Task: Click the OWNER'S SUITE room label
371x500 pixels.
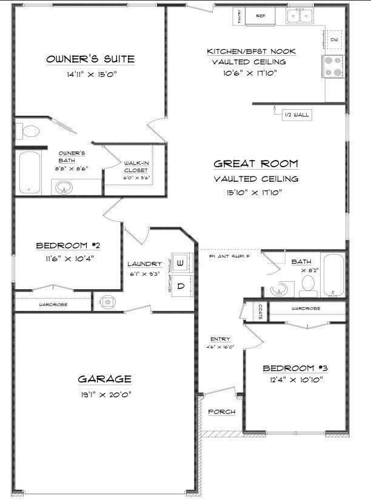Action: (90, 59)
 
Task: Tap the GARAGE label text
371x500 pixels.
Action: (104, 379)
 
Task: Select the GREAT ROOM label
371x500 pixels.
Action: (256, 164)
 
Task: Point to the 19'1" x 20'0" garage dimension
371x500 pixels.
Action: (104, 395)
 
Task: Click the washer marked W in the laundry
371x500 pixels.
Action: (181, 263)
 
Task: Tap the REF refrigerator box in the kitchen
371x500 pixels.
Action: (261, 16)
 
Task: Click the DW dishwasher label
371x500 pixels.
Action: (334, 40)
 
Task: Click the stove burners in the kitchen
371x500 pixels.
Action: (334, 65)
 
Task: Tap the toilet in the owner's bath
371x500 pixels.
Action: (29, 130)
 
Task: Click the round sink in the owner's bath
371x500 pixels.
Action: (64, 188)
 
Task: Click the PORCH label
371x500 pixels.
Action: (221, 412)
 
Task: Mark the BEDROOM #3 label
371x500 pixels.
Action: (291, 368)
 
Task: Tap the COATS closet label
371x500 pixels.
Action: (260, 312)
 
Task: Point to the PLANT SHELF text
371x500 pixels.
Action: (230, 256)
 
